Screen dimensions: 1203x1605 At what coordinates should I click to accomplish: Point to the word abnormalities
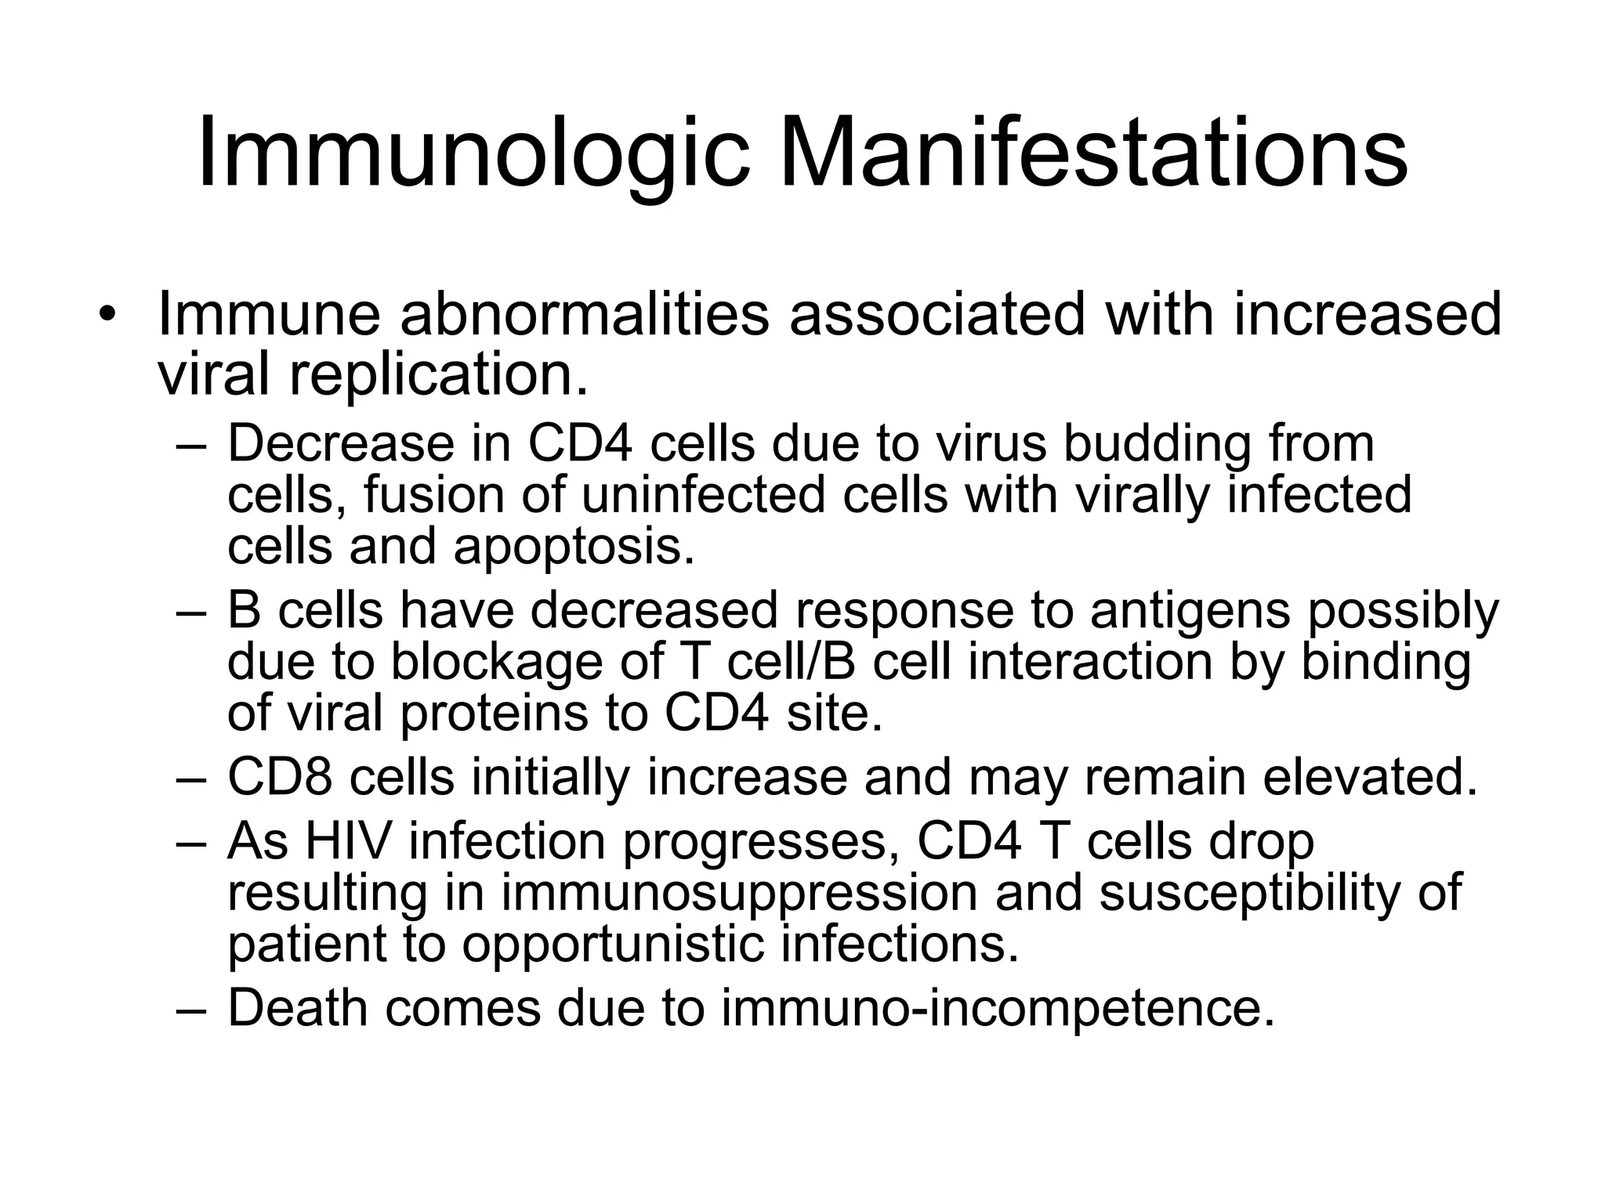(x=583, y=314)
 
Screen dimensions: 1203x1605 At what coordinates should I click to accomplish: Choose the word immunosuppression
(x=739, y=894)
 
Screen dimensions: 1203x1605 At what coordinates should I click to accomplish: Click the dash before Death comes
(x=190, y=1009)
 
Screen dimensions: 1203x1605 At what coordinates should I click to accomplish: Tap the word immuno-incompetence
(x=998, y=1008)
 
